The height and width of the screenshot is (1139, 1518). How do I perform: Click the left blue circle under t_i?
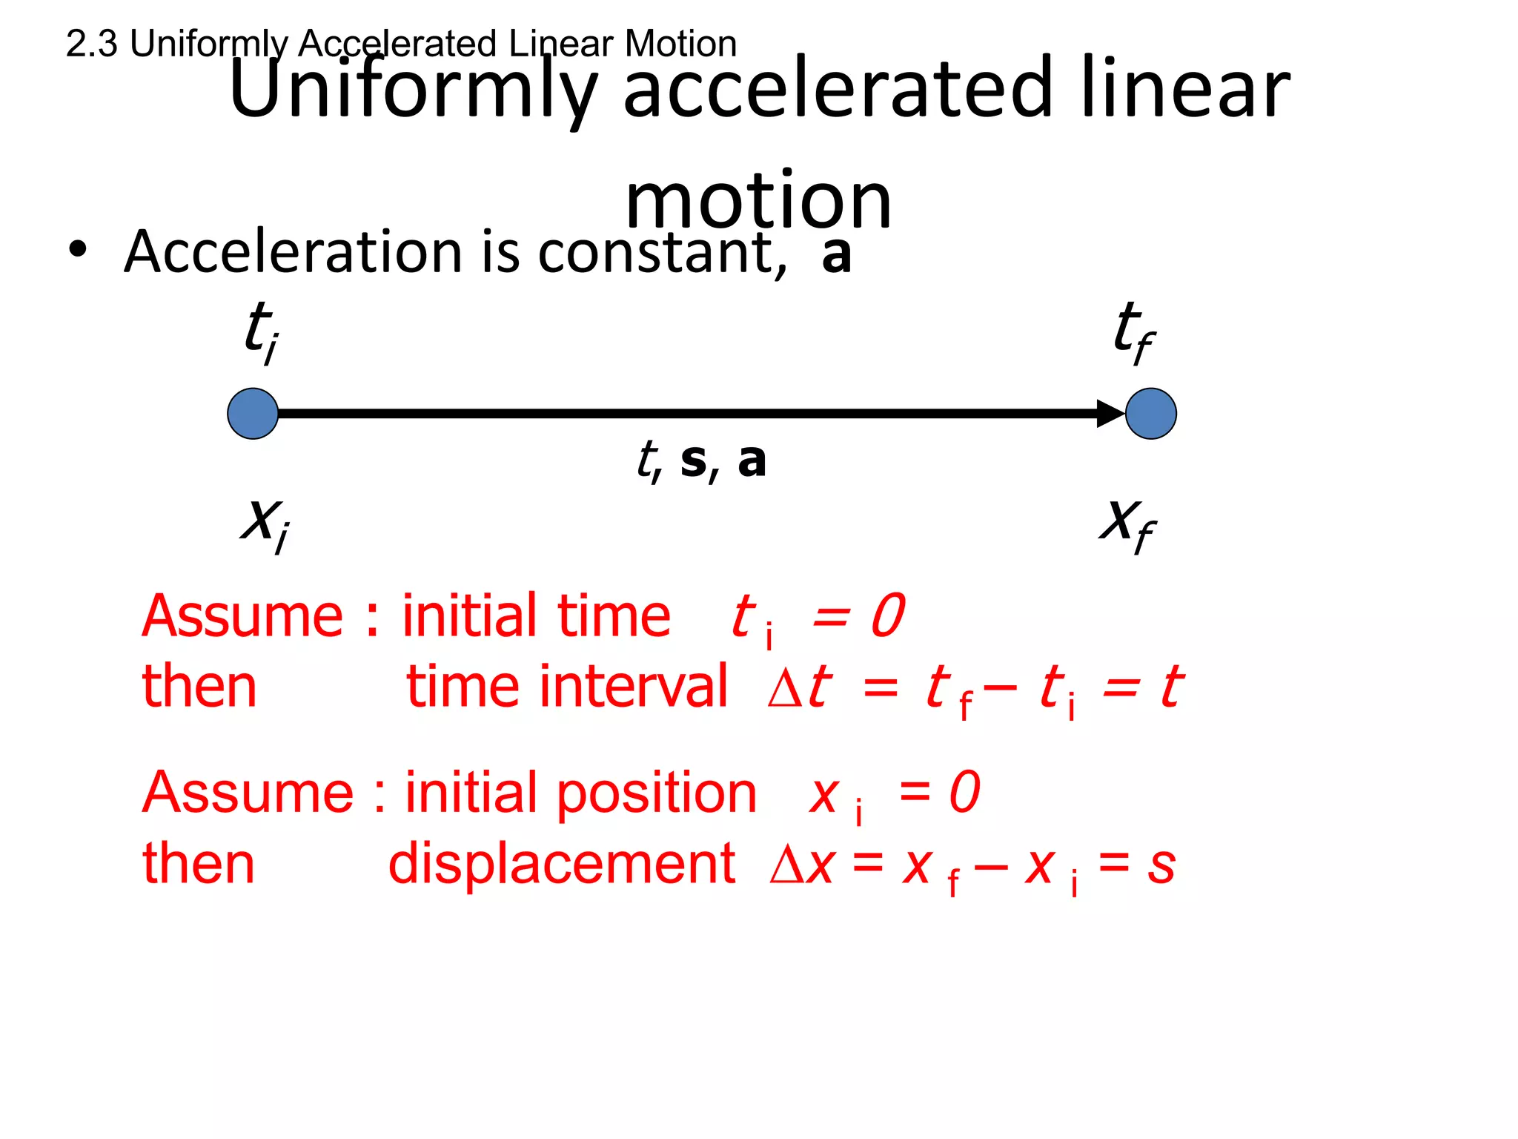click(x=253, y=414)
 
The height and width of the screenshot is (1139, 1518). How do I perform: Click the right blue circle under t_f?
click(x=1150, y=414)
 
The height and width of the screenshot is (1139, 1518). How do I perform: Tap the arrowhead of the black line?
click(x=1110, y=414)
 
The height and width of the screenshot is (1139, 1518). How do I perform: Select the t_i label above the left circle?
click(x=262, y=331)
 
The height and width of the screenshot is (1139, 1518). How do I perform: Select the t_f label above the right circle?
click(x=1133, y=331)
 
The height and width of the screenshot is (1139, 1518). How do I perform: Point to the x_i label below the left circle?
click(x=265, y=523)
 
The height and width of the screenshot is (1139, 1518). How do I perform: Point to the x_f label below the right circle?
click(x=1127, y=523)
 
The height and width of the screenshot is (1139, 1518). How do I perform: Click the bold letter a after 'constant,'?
click(x=837, y=254)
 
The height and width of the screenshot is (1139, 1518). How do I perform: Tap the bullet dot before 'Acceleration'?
click(x=77, y=249)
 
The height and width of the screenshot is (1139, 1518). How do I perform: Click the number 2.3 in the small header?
click(x=91, y=44)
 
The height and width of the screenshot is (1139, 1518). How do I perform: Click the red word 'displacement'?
click(x=562, y=864)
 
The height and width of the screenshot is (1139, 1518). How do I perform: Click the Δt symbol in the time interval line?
click(x=799, y=687)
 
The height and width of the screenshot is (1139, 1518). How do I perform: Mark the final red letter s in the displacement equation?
click(x=1161, y=865)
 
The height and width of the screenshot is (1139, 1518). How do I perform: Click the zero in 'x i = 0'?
click(x=964, y=792)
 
